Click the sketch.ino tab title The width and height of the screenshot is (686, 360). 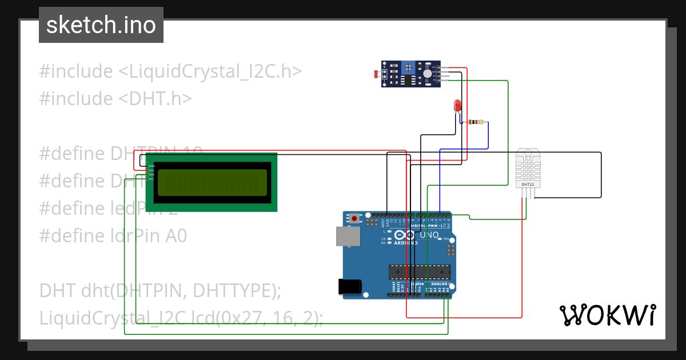click(x=101, y=25)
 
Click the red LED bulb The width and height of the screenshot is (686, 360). click(x=457, y=106)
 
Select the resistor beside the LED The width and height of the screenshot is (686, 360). click(x=475, y=122)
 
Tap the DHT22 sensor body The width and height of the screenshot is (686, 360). click(x=528, y=169)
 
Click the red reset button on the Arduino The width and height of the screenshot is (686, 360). click(x=355, y=219)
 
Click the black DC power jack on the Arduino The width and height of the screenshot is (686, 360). click(x=350, y=286)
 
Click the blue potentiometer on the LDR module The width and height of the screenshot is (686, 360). click(x=408, y=68)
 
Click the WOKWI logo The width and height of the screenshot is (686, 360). click(x=607, y=315)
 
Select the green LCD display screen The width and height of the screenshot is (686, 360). click(x=212, y=182)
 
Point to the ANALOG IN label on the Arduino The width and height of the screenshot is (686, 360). click(x=442, y=284)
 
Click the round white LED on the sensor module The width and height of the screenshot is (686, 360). click(x=428, y=73)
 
